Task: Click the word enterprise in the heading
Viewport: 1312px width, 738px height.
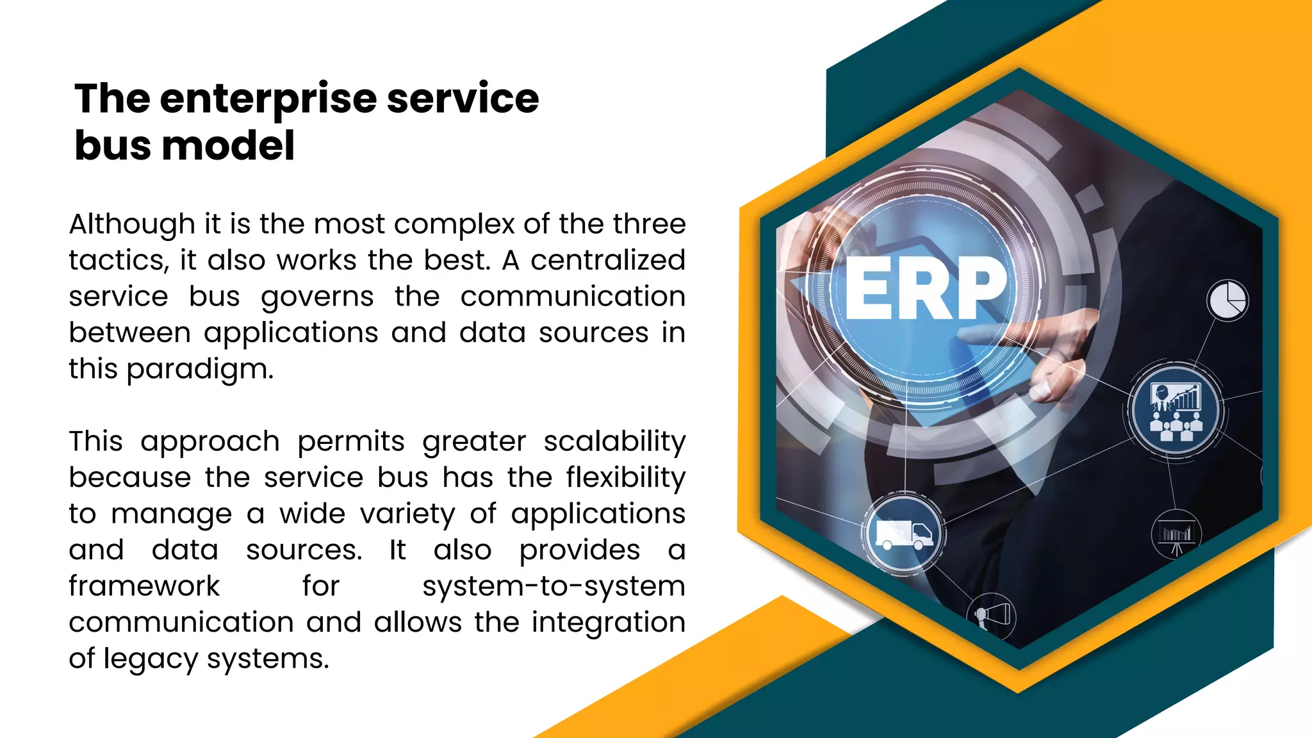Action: (268, 100)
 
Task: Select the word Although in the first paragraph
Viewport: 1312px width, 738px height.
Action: (131, 225)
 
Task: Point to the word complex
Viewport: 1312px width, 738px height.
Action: (454, 225)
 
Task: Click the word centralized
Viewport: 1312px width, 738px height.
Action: (607, 261)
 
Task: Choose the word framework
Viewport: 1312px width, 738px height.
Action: (144, 587)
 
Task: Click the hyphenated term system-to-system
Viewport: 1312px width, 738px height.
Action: (553, 587)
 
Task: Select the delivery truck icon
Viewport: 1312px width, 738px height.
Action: (903, 534)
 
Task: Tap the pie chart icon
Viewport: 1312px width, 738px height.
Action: (1227, 300)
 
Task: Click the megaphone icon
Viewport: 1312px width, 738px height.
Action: (992, 616)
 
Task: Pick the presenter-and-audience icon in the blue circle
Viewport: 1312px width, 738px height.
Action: (1176, 411)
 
